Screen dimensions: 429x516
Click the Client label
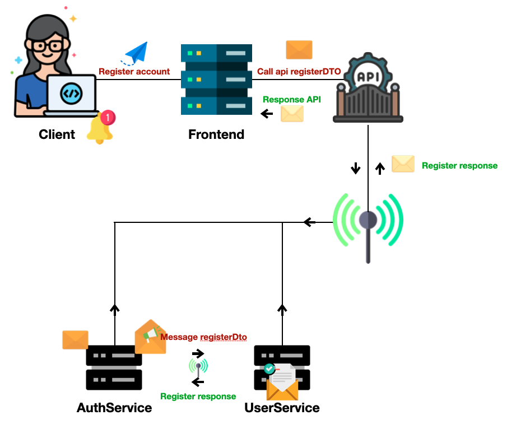(x=57, y=134)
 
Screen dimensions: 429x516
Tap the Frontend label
(x=216, y=134)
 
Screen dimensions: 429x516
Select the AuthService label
(x=114, y=408)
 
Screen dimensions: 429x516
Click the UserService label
(x=282, y=408)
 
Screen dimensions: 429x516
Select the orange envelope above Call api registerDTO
(x=299, y=49)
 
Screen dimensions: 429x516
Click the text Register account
(x=134, y=72)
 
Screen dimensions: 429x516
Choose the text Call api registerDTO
(x=299, y=72)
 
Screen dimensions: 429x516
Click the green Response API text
(x=292, y=100)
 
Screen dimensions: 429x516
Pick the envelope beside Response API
(x=292, y=114)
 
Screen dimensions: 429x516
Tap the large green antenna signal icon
(x=368, y=224)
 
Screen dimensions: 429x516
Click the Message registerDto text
(x=204, y=337)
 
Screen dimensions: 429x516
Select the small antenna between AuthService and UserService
(x=198, y=367)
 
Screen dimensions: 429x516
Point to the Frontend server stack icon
(x=216, y=80)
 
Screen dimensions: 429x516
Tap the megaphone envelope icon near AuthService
(x=151, y=337)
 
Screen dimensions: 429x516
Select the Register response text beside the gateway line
(x=459, y=166)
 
